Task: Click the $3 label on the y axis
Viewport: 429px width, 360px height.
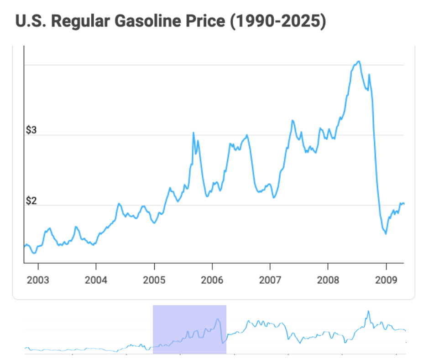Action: click(31, 131)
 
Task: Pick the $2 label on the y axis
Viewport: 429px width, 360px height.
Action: click(31, 201)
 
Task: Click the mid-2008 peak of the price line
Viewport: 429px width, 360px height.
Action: click(359, 61)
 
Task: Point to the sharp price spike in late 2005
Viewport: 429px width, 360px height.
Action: click(194, 132)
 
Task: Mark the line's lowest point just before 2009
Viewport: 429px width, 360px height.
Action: click(386, 234)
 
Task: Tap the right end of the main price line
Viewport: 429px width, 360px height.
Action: click(404, 203)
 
